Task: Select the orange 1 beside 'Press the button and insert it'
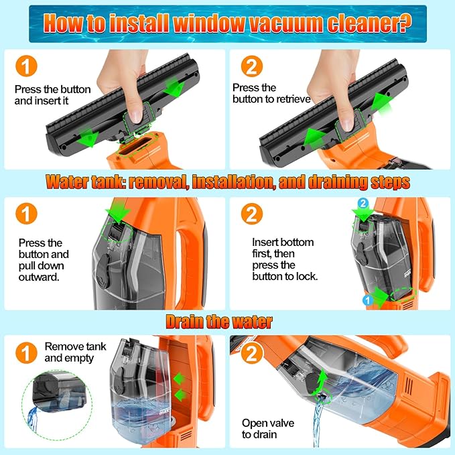click(x=26, y=66)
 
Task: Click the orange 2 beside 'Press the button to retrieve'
click(x=251, y=66)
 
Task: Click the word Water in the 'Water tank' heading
click(x=67, y=182)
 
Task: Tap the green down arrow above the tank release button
click(x=118, y=211)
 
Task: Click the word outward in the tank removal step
click(x=39, y=277)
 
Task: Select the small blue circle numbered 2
click(x=363, y=204)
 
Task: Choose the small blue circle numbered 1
click(x=368, y=300)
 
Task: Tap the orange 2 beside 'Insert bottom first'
click(x=251, y=214)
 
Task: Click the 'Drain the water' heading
click(x=219, y=322)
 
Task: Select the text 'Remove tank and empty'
click(x=75, y=352)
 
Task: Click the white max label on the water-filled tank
click(x=164, y=412)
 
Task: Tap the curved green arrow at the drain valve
click(x=320, y=383)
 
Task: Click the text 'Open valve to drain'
click(x=268, y=429)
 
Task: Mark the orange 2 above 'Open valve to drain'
click(x=251, y=353)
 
